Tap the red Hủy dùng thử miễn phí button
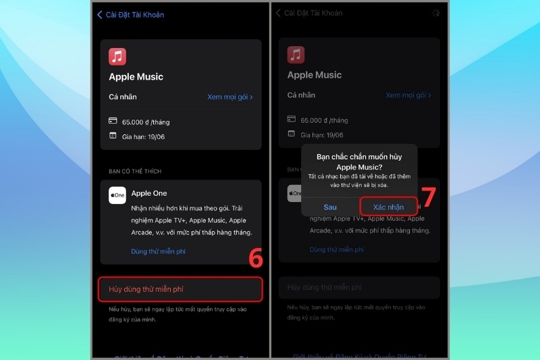(180, 289)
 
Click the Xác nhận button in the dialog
(388, 207)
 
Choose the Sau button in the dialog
(330, 207)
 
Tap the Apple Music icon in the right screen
(296, 55)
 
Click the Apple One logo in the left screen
(117, 195)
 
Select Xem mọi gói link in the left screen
(230, 97)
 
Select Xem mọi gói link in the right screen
(408, 96)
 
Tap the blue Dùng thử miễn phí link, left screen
(158, 251)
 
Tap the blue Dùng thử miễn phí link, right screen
(336, 249)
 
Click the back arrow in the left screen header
(100, 14)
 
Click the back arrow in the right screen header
(278, 14)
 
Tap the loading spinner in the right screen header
(435, 13)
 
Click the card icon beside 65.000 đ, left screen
(113, 121)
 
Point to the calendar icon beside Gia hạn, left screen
(113, 136)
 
